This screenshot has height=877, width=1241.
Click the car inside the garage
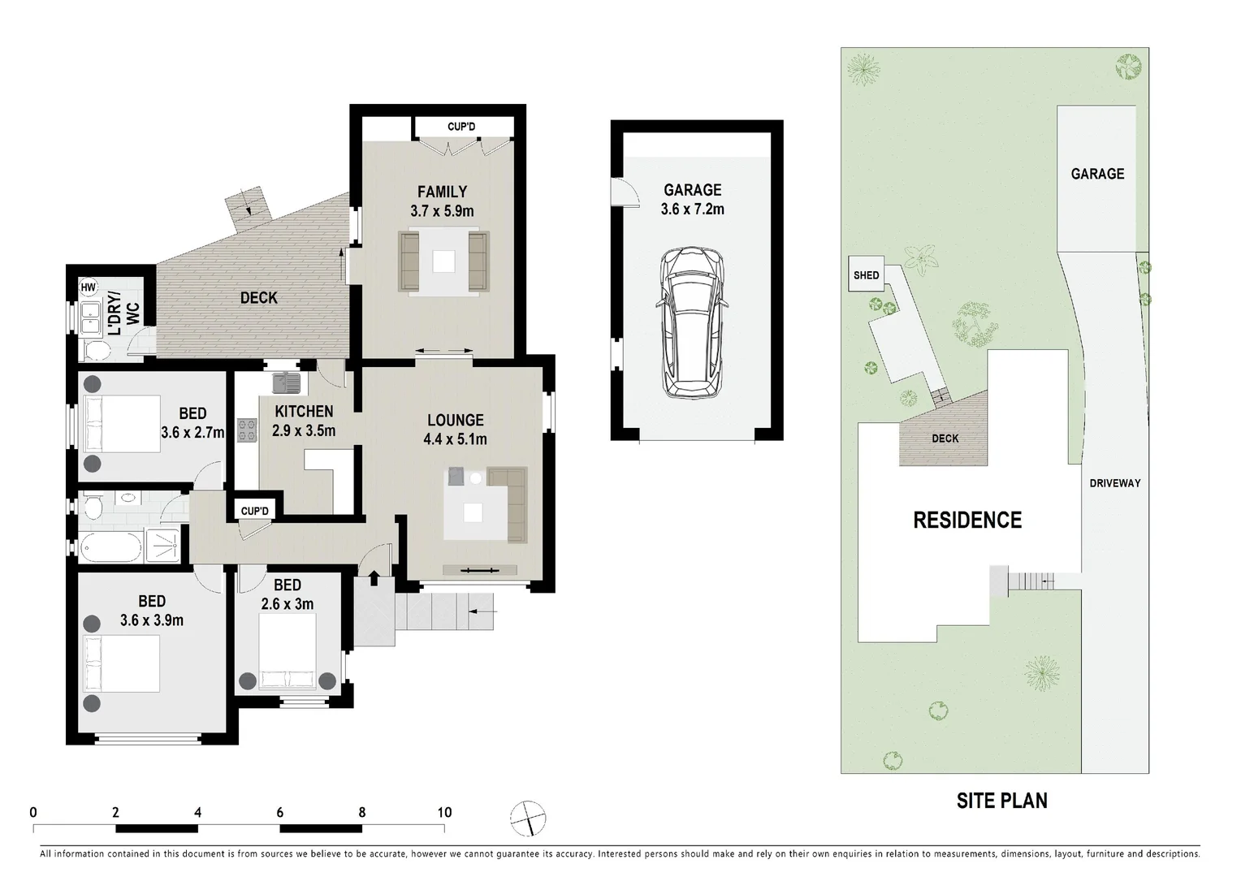tap(692, 323)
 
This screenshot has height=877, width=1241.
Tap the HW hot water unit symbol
tap(88, 287)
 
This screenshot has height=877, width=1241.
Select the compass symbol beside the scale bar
tap(528, 818)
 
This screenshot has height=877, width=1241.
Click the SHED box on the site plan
tap(866, 275)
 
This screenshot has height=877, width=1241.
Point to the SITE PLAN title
tap(1001, 801)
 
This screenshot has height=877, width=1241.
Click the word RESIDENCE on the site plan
tap(967, 520)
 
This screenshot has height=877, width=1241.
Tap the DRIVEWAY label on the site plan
tap(1114, 483)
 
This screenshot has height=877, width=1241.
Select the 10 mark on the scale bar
tap(444, 812)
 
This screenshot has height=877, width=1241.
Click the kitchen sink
tap(286, 380)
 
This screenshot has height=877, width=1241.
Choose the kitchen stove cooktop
tap(246, 430)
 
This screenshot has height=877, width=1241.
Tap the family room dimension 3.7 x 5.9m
tap(442, 211)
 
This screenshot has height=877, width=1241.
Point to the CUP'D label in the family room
tap(461, 127)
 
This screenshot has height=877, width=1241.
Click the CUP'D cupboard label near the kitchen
tap(254, 511)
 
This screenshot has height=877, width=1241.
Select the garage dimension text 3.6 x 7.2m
tap(692, 210)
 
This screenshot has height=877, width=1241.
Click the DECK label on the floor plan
tap(258, 298)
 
